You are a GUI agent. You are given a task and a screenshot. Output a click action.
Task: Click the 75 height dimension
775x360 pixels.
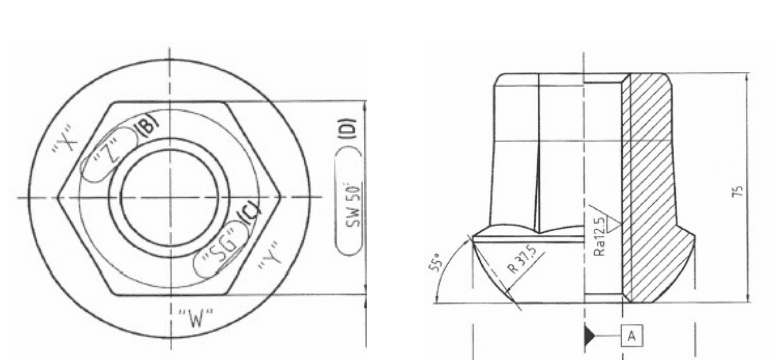(737, 190)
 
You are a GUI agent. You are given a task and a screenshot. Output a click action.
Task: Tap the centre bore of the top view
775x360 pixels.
(168, 196)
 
